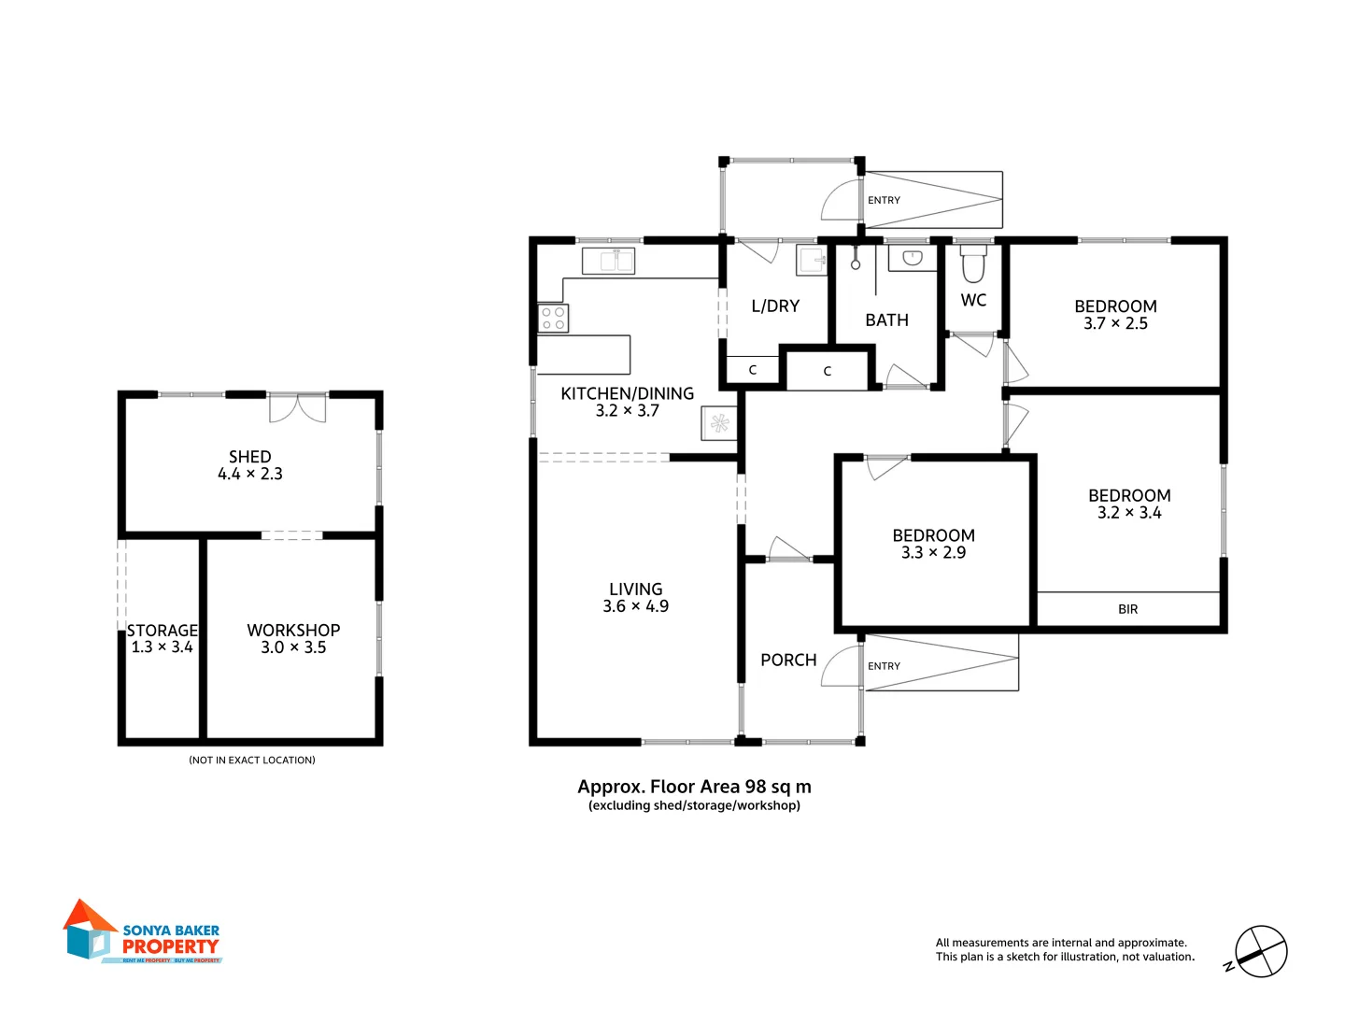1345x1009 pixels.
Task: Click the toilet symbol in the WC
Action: (x=973, y=264)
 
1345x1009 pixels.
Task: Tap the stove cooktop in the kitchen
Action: (x=553, y=319)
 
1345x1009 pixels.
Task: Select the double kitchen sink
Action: (x=608, y=261)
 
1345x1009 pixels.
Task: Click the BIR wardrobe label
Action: (x=1127, y=609)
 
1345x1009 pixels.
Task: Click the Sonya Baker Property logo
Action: (x=143, y=932)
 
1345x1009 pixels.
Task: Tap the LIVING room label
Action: (x=635, y=590)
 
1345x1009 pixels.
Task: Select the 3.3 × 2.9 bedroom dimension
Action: (x=933, y=553)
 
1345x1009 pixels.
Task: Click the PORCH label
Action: (x=788, y=661)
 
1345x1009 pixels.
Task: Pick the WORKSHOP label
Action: (x=293, y=631)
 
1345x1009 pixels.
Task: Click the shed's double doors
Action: (x=298, y=408)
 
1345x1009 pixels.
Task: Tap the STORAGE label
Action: (x=163, y=631)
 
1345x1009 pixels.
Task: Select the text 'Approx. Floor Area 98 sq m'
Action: (x=694, y=787)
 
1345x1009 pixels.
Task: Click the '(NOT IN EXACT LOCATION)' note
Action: (x=252, y=760)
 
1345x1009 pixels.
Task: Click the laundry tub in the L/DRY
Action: (x=811, y=261)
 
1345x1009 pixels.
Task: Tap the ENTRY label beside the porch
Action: (x=884, y=666)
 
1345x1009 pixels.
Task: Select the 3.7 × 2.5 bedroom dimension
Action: (x=1115, y=324)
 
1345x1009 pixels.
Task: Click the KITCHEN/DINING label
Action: (x=627, y=393)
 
